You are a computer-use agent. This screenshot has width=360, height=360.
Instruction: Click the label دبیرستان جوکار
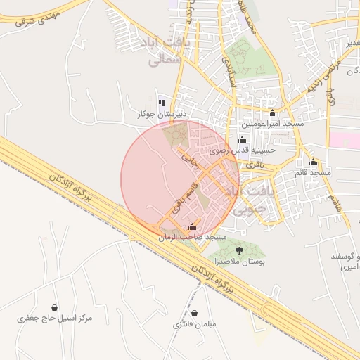click(162, 113)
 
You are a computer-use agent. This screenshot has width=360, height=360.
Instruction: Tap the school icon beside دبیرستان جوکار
click(162, 103)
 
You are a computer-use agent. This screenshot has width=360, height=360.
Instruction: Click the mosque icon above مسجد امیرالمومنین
click(273, 113)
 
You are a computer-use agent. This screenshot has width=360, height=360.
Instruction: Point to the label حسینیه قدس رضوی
click(243, 150)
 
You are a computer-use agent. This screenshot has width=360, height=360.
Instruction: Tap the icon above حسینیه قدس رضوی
click(243, 139)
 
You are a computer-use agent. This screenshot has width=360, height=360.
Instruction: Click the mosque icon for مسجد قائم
click(314, 162)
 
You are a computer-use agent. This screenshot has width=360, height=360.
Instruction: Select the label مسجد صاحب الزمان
click(193, 238)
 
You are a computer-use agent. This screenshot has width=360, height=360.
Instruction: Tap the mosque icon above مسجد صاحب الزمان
click(193, 227)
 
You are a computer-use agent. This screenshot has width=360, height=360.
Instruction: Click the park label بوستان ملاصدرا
click(241, 262)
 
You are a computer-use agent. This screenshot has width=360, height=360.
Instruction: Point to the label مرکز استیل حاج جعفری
click(55, 319)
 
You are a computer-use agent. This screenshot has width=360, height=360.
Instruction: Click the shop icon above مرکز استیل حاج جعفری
click(55, 307)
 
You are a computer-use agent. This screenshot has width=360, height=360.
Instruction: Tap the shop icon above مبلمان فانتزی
click(194, 313)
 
